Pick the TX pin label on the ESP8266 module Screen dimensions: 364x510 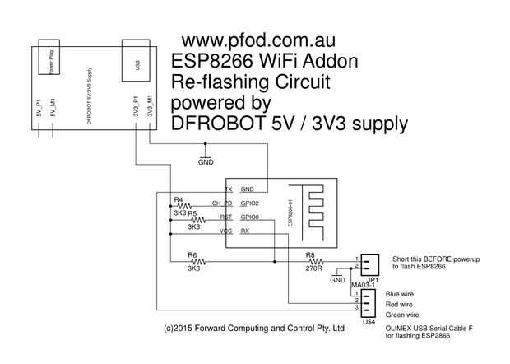coord(228,189)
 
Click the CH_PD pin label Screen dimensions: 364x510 coord(222,203)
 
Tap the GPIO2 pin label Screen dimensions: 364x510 coord(250,203)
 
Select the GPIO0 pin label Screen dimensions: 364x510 coord(250,217)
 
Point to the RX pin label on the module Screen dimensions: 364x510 coord(245,231)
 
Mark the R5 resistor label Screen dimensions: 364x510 coord(192,212)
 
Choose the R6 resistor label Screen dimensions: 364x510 coord(192,255)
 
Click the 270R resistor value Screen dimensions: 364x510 coord(310,268)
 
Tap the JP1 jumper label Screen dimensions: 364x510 coord(373,280)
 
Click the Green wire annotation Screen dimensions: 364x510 coord(403,315)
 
